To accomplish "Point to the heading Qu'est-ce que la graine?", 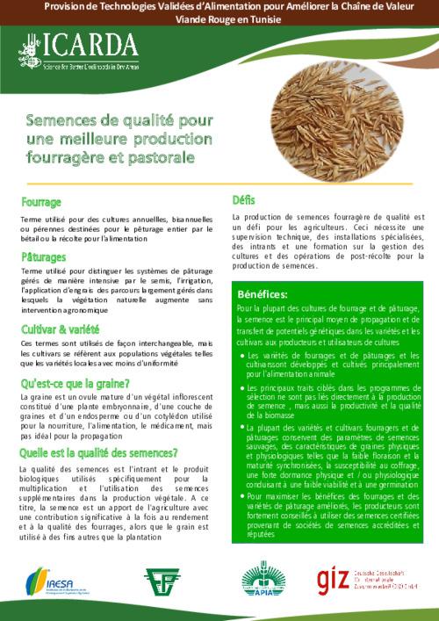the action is pos(76,383).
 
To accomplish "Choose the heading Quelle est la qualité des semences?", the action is pos(98,453).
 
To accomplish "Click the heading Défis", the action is pos(243,199).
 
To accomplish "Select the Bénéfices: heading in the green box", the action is pos(263,293).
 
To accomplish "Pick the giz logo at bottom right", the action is pos(369,580).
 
